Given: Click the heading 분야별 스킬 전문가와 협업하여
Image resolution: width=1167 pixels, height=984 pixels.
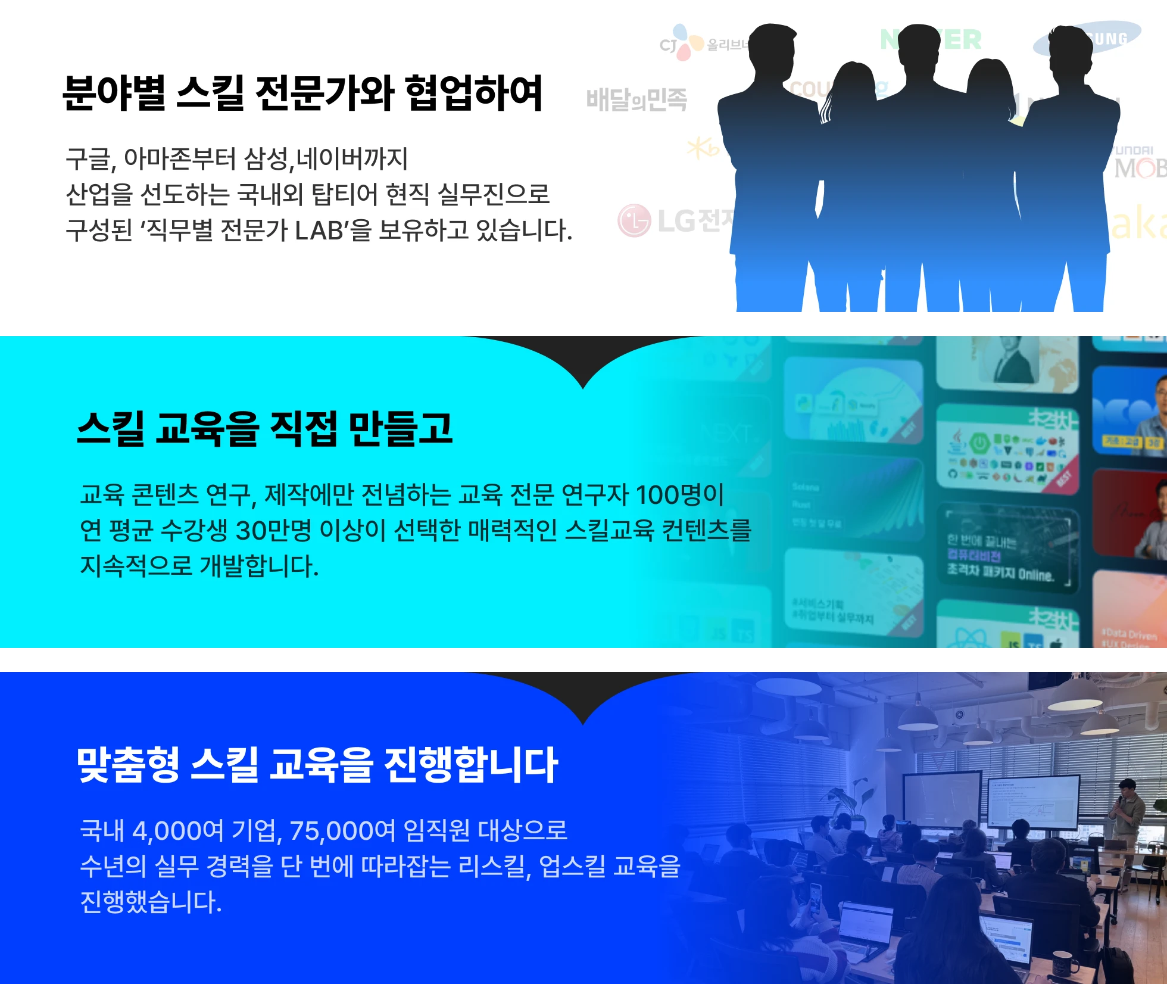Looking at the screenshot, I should (x=302, y=92).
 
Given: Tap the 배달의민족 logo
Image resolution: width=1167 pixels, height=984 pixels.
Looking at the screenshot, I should (x=636, y=99).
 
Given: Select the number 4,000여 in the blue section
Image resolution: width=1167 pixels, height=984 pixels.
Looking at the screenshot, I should (x=177, y=830).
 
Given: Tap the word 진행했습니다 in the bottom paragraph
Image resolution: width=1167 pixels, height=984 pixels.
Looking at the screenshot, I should (x=150, y=901).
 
